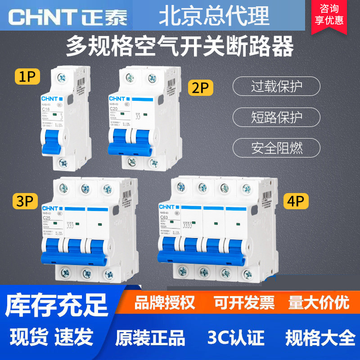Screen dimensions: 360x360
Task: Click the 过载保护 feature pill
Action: click(276, 86)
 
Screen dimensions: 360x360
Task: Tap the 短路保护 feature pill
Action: click(276, 117)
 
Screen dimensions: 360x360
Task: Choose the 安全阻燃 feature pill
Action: click(276, 147)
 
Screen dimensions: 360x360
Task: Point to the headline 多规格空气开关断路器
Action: click(180, 46)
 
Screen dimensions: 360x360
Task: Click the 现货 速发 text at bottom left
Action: click(51, 337)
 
